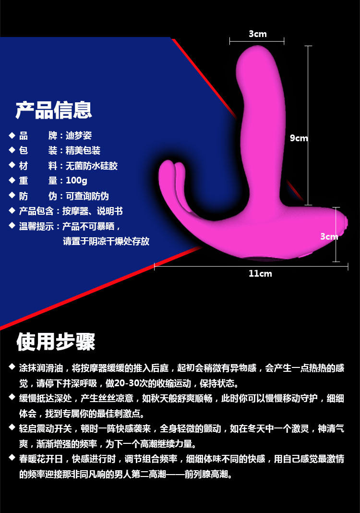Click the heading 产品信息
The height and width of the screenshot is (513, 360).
54,110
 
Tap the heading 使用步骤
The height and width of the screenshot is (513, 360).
56,342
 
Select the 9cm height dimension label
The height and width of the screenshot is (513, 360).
299,138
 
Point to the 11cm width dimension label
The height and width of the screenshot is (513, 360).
260,273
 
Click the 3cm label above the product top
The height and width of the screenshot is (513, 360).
258,34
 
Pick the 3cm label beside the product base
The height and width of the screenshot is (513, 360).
329,236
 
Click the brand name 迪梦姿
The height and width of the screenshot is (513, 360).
79,135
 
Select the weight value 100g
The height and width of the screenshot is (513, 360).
76,181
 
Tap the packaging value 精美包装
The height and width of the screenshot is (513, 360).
83,150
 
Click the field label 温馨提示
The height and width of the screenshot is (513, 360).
36,226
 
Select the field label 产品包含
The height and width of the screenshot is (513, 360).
36,211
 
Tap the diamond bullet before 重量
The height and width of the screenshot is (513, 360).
12,180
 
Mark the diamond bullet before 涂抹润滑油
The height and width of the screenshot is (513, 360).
12,367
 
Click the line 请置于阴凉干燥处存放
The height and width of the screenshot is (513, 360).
106,241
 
